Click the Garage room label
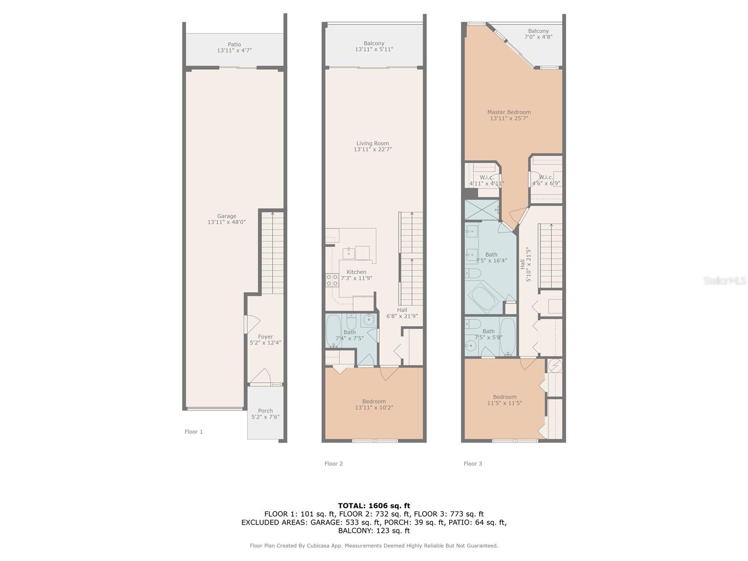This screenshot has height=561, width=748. tap(226, 216)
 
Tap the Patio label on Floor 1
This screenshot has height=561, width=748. tap(234, 44)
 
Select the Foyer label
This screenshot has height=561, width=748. tap(265, 337)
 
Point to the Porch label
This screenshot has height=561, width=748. tap(265, 410)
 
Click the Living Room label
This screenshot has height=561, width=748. tap(373, 144)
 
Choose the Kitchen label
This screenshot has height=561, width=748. tap(356, 272)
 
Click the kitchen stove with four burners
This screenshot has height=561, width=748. tap(332, 280)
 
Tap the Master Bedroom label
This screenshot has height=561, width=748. tap(509, 112)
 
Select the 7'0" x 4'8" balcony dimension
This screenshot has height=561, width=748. tap(539, 37)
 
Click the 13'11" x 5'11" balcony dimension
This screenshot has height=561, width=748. tap(374, 50)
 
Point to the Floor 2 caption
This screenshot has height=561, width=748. tap(333, 463)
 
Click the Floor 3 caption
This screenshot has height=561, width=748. tap(473, 463)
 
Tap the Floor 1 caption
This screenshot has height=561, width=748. tap(194, 432)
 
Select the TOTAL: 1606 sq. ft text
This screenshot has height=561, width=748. tap(374, 505)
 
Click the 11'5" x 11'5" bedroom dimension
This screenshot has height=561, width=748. tap(504, 403)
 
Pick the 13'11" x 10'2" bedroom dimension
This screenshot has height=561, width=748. tap(374, 407)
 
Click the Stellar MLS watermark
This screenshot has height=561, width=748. tap(725, 280)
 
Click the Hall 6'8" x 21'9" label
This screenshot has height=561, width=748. tap(402, 313)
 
